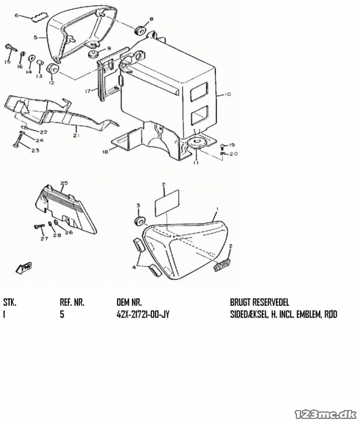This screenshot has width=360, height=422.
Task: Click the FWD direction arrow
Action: (24, 269)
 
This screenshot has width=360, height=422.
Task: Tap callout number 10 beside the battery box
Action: (227, 94)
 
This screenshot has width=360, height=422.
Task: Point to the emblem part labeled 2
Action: (222, 263)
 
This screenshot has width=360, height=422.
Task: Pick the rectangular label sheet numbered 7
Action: (167, 203)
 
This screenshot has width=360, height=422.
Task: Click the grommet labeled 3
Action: (140, 221)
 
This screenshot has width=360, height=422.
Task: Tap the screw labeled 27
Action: (40, 227)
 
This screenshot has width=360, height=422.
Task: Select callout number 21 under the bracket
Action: (77, 135)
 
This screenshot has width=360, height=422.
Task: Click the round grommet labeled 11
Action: (197, 143)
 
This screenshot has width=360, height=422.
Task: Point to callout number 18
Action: (105, 152)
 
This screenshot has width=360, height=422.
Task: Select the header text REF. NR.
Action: (72, 302)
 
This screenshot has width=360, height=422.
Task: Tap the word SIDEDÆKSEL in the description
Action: (249, 314)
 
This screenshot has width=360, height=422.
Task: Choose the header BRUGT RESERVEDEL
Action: (259, 302)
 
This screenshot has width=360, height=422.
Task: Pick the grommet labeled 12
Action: (52, 70)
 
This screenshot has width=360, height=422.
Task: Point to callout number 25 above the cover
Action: (64, 183)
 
